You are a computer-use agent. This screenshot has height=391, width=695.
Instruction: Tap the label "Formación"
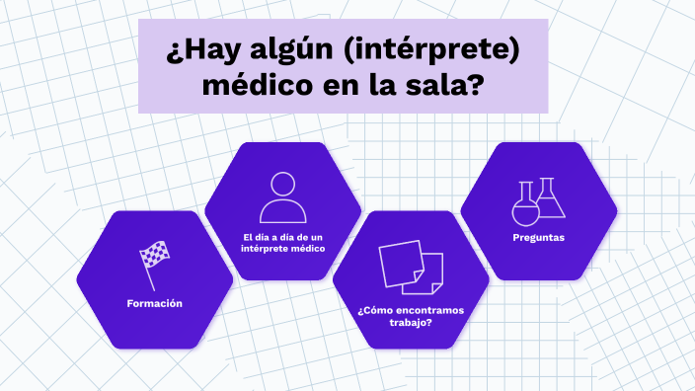154,303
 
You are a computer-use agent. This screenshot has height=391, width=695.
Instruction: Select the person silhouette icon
282,197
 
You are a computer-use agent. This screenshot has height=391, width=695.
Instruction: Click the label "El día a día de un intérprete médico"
282,242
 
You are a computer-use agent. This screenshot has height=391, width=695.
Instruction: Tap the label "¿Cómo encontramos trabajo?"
411,316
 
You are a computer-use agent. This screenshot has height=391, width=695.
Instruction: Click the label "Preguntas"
539,237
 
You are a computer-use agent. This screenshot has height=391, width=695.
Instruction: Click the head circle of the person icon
282,184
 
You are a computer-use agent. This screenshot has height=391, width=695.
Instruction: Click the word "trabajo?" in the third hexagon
411,322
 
